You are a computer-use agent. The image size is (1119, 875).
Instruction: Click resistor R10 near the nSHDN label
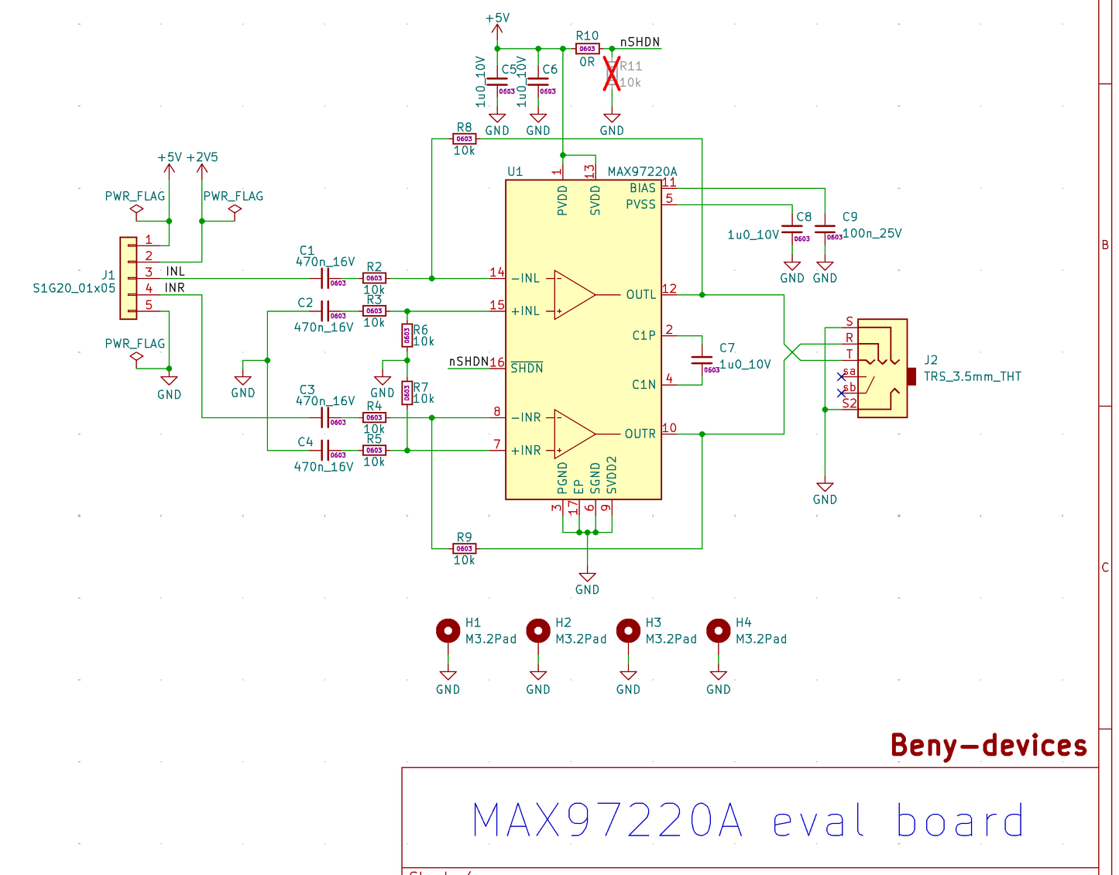pyautogui.click(x=587, y=49)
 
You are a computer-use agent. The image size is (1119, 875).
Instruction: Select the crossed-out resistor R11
pyautogui.click(x=612, y=75)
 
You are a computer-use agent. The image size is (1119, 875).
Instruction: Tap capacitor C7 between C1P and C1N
pyautogui.click(x=702, y=360)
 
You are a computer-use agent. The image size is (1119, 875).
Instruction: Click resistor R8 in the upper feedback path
pyautogui.click(x=464, y=139)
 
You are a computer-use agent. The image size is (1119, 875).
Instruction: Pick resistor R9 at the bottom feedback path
pyautogui.click(x=464, y=548)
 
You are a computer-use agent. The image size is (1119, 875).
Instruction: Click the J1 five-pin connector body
pyautogui.click(x=128, y=278)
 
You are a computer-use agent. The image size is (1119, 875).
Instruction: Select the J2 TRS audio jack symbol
pyautogui.click(x=882, y=369)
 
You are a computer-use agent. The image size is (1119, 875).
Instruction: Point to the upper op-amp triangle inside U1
pyautogui.click(x=573, y=294)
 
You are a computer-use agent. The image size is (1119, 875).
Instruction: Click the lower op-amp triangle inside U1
pyautogui.click(x=573, y=434)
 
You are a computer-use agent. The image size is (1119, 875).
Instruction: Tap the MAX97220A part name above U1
pyautogui.click(x=642, y=172)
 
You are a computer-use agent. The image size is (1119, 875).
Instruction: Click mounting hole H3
pyautogui.click(x=628, y=631)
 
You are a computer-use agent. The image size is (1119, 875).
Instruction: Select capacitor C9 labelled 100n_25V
pyautogui.click(x=825, y=230)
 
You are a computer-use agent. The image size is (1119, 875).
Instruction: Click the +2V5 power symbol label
pyautogui.click(x=202, y=157)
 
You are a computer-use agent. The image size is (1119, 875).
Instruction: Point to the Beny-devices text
pyautogui.click(x=989, y=745)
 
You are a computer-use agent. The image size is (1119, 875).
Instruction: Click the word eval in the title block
pyautogui.click(x=819, y=822)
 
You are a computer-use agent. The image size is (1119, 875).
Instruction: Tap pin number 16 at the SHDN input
pyautogui.click(x=496, y=362)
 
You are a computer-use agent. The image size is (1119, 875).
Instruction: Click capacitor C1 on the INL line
pyautogui.click(x=325, y=278)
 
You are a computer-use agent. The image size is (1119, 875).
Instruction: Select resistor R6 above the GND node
pyautogui.click(x=407, y=335)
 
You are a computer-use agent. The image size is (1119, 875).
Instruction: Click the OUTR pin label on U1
pyautogui.click(x=640, y=434)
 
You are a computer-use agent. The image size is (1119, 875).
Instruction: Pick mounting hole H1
pyautogui.click(x=448, y=631)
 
